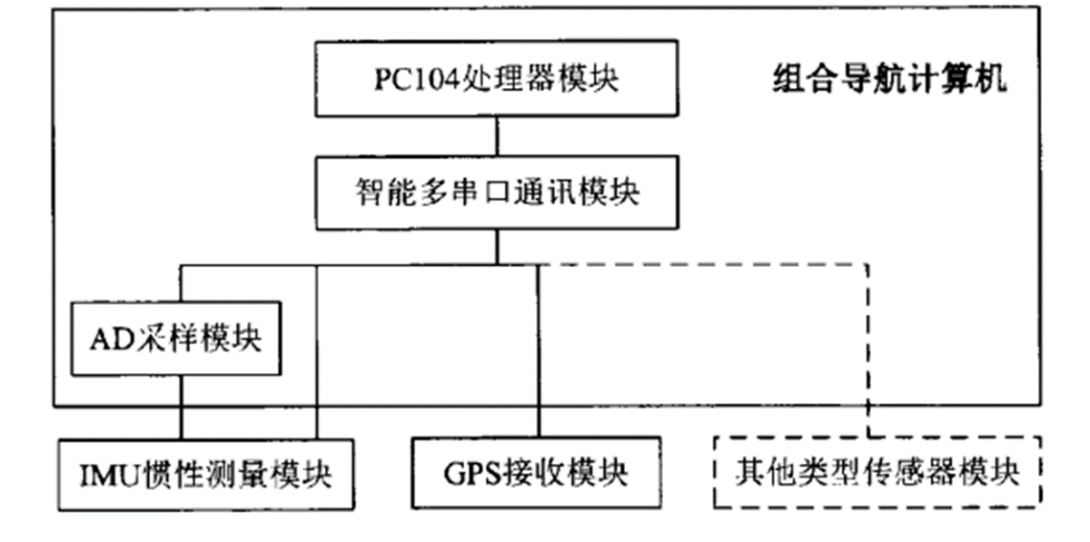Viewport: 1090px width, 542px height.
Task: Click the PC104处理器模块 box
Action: click(496, 78)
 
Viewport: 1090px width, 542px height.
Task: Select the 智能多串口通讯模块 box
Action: click(496, 192)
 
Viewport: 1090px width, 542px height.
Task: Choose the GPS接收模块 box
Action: click(536, 473)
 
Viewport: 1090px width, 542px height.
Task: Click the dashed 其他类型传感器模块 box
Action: click(877, 472)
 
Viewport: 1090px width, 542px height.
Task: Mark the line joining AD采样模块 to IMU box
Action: click(181, 409)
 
